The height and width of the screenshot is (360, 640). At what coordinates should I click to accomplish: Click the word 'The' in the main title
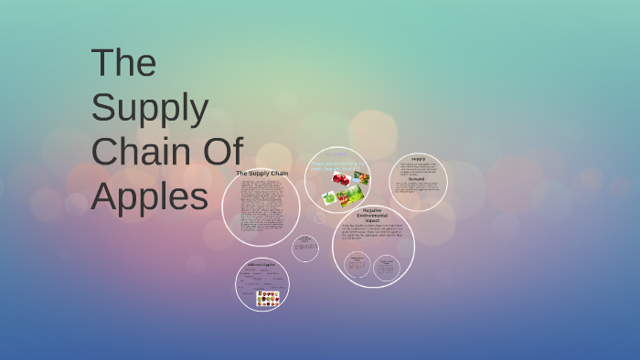[x=123, y=63]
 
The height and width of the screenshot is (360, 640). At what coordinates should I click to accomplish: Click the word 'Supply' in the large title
[x=150, y=108]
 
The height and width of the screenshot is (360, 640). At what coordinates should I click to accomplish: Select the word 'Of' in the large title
[x=222, y=153]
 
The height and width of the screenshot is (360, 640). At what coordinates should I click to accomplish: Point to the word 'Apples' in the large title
[x=150, y=196]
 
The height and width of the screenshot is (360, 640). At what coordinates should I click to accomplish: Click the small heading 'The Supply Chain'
[x=261, y=173]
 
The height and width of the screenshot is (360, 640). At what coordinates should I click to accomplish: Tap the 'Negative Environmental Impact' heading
[x=373, y=215]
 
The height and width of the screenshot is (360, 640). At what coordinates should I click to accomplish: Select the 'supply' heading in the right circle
[x=418, y=158]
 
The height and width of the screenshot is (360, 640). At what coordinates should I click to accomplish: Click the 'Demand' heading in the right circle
[x=417, y=179]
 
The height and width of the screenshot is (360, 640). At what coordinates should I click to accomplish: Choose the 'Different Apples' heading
[x=261, y=265]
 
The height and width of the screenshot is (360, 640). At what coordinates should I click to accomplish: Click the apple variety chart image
[x=268, y=298]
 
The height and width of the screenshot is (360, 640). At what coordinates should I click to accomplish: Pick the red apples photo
[x=340, y=178]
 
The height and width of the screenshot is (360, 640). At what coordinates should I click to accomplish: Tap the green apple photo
[x=329, y=197]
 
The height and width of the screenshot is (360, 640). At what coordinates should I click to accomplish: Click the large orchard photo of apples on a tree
[x=351, y=196]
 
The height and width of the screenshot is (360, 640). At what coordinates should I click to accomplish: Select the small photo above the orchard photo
[x=361, y=178]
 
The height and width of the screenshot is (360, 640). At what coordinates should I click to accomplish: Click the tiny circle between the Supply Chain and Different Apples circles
[x=305, y=249]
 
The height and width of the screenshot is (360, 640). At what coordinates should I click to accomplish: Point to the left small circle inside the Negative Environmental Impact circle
[x=357, y=266]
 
